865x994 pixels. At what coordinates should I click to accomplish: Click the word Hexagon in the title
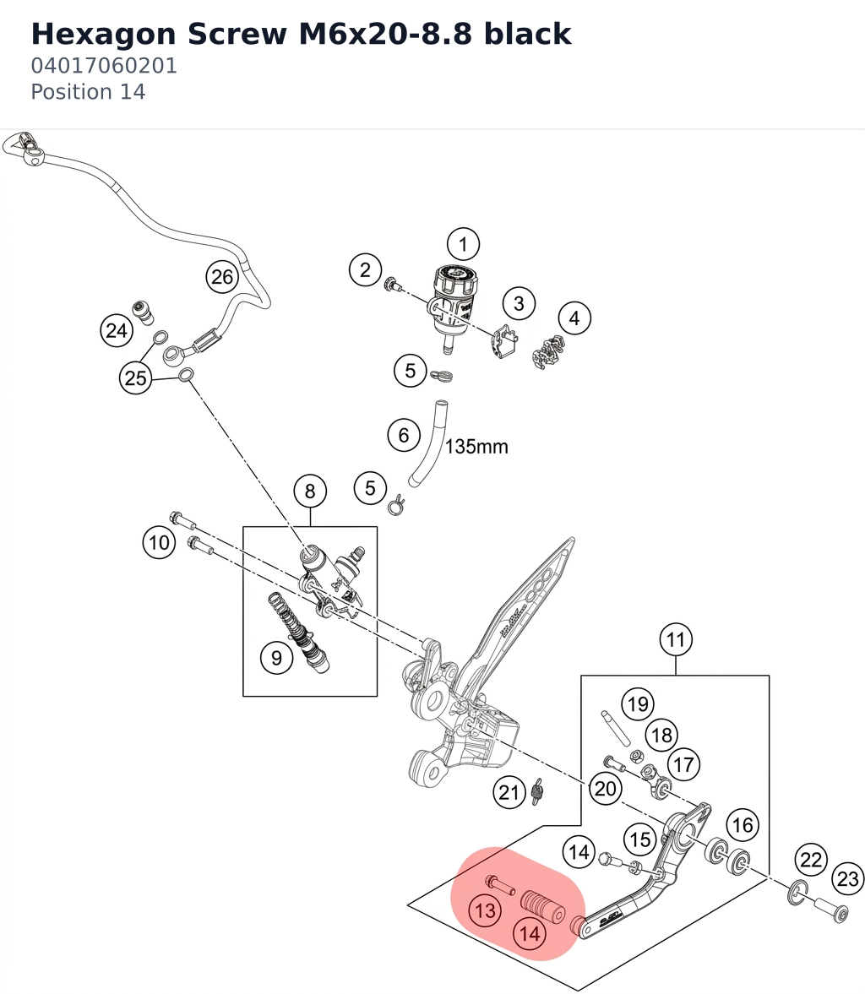coord(103,35)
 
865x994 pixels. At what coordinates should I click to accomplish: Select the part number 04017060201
coord(104,66)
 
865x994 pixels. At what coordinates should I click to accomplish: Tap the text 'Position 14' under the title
coord(88,92)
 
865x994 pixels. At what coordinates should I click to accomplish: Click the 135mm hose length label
coord(477,447)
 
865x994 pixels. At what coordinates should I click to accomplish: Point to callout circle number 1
coord(463,244)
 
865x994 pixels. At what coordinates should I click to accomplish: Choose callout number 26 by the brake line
coord(222,277)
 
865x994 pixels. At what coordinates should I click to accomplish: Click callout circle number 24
coord(117,330)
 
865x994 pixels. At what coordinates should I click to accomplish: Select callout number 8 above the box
coord(310,492)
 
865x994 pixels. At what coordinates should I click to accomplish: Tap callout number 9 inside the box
coord(276,657)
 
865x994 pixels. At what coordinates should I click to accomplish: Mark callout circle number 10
coord(159,543)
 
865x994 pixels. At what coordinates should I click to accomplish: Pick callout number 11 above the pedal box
coord(676,639)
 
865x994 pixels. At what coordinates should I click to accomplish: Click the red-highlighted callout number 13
coord(485,911)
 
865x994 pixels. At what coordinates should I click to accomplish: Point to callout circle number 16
coord(743,825)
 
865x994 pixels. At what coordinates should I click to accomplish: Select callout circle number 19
coord(637,703)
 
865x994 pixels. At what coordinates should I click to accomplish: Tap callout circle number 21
coord(509,792)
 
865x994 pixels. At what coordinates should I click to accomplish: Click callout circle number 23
coord(848,878)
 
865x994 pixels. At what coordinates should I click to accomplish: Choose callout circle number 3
coord(519,304)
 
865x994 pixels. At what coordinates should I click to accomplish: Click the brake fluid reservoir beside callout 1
coord(454,307)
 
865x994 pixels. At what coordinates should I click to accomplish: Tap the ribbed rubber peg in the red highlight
coord(543,907)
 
